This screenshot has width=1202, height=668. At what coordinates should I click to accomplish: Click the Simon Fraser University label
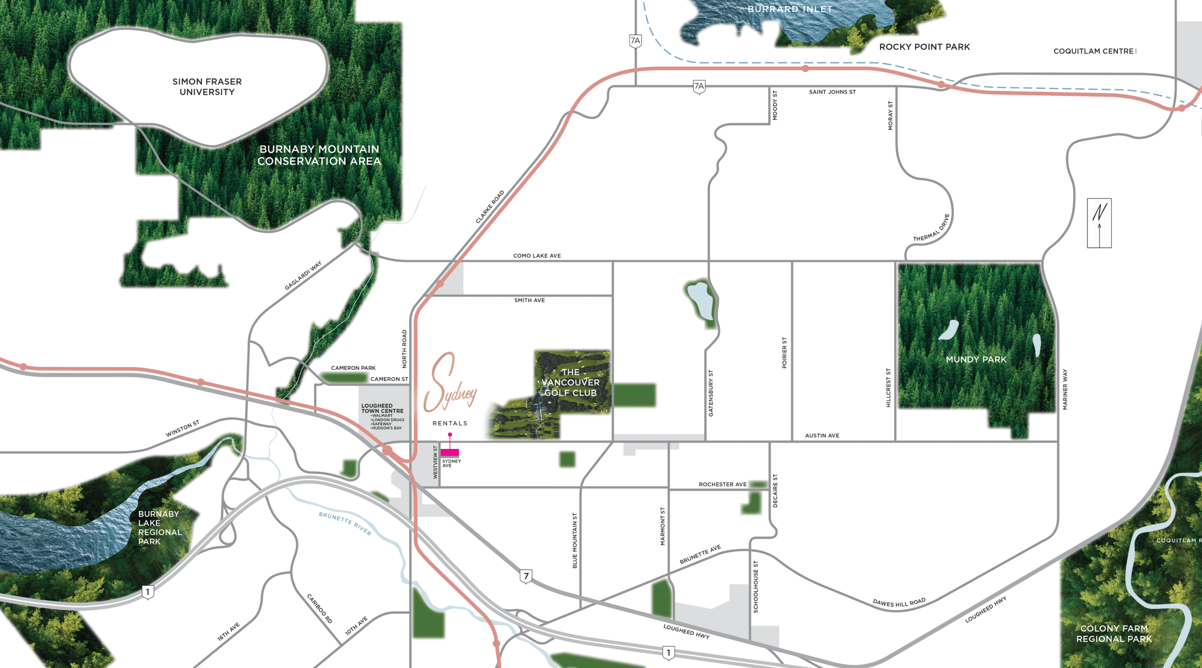click(x=207, y=87)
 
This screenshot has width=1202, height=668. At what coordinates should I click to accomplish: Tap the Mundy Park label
click(x=976, y=360)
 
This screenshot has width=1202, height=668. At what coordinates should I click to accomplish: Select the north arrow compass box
click(x=1099, y=223)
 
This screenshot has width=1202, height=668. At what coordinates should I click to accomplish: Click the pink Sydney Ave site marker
click(x=450, y=452)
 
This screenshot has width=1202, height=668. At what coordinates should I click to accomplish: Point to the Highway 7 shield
click(x=526, y=576)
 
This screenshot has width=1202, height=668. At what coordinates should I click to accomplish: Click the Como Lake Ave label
click(x=537, y=256)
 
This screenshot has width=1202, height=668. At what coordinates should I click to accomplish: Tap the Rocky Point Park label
click(x=924, y=47)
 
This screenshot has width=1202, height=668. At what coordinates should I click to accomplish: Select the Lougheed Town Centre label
click(x=382, y=409)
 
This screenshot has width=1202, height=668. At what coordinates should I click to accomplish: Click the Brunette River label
click(x=345, y=523)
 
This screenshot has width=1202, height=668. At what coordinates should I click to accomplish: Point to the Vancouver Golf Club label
click(x=571, y=383)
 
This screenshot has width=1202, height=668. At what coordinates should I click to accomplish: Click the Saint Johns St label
click(x=832, y=92)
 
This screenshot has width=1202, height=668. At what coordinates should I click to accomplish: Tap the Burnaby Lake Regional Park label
click(x=159, y=528)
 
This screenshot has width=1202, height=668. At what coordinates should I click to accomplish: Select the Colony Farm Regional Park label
click(x=1114, y=634)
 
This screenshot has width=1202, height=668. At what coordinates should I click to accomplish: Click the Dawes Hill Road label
click(x=899, y=603)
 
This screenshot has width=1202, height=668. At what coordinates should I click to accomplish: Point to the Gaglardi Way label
click(x=303, y=276)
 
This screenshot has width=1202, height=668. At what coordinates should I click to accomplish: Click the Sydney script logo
click(x=450, y=384)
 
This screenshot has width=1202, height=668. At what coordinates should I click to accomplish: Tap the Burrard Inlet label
click(x=790, y=9)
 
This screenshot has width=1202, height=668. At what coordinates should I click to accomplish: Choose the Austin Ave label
click(x=822, y=436)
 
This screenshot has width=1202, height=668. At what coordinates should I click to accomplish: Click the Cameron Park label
click(x=353, y=368)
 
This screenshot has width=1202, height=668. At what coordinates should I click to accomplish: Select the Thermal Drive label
click(x=932, y=228)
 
